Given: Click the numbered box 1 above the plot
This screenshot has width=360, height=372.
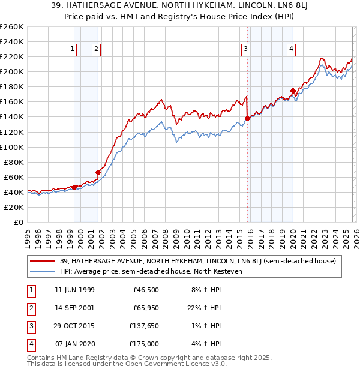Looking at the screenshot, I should tap(73, 49).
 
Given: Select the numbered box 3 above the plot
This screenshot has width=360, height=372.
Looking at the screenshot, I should tap(245, 49).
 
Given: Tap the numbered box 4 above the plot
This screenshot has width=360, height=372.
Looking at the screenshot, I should tap(290, 49).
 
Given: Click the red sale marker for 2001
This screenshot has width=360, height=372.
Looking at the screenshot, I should tap(98, 172).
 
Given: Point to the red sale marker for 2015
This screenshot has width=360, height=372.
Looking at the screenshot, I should tap(247, 119).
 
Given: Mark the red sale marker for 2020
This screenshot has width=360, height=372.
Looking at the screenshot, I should tap(293, 91).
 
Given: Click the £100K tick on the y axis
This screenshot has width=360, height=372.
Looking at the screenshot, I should tap(12, 147).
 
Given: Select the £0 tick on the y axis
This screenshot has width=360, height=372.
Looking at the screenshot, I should tap(18, 222).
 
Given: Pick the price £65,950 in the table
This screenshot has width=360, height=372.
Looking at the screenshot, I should tap(146, 308).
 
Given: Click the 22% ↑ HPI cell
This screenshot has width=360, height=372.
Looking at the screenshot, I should tap(205, 308).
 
